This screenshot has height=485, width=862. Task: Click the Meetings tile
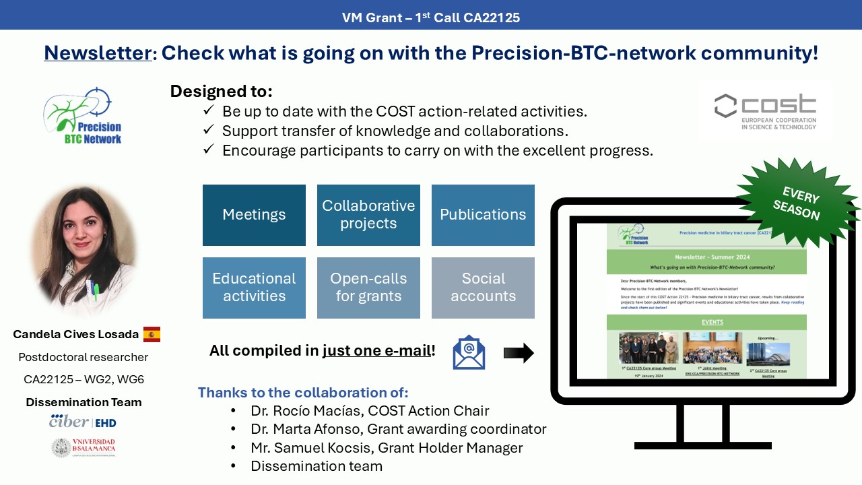click(x=254, y=215)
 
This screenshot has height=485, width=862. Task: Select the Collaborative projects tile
click(x=368, y=215)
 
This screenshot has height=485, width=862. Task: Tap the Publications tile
click(x=483, y=215)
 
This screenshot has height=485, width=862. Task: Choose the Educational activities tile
click(x=254, y=288)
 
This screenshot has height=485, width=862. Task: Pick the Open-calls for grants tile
click(x=368, y=288)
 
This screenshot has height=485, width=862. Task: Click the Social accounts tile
click(x=483, y=288)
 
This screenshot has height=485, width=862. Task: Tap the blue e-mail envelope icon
click(x=469, y=352)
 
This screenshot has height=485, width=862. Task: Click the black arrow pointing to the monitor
click(x=518, y=352)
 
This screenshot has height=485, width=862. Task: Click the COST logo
click(x=765, y=112)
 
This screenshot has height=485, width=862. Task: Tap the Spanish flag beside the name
click(x=152, y=334)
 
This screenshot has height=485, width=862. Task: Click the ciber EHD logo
click(x=83, y=422)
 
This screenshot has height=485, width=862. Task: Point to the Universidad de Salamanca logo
click(x=84, y=447)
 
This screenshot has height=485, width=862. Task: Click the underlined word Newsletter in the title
click(x=98, y=53)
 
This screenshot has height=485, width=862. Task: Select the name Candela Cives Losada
click(x=76, y=334)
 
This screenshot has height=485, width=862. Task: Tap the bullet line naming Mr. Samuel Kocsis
click(x=387, y=448)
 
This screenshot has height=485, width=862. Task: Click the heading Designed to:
click(x=221, y=92)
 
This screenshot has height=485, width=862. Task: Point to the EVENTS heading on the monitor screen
click(x=712, y=322)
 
